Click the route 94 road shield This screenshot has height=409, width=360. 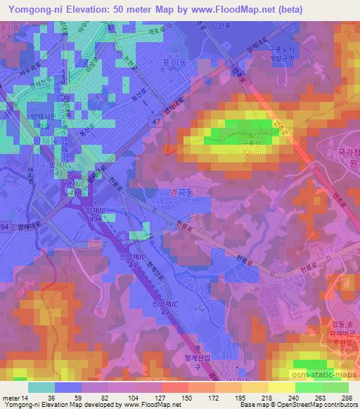pos(5,227)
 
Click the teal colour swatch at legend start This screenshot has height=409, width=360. pos(41,387)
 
